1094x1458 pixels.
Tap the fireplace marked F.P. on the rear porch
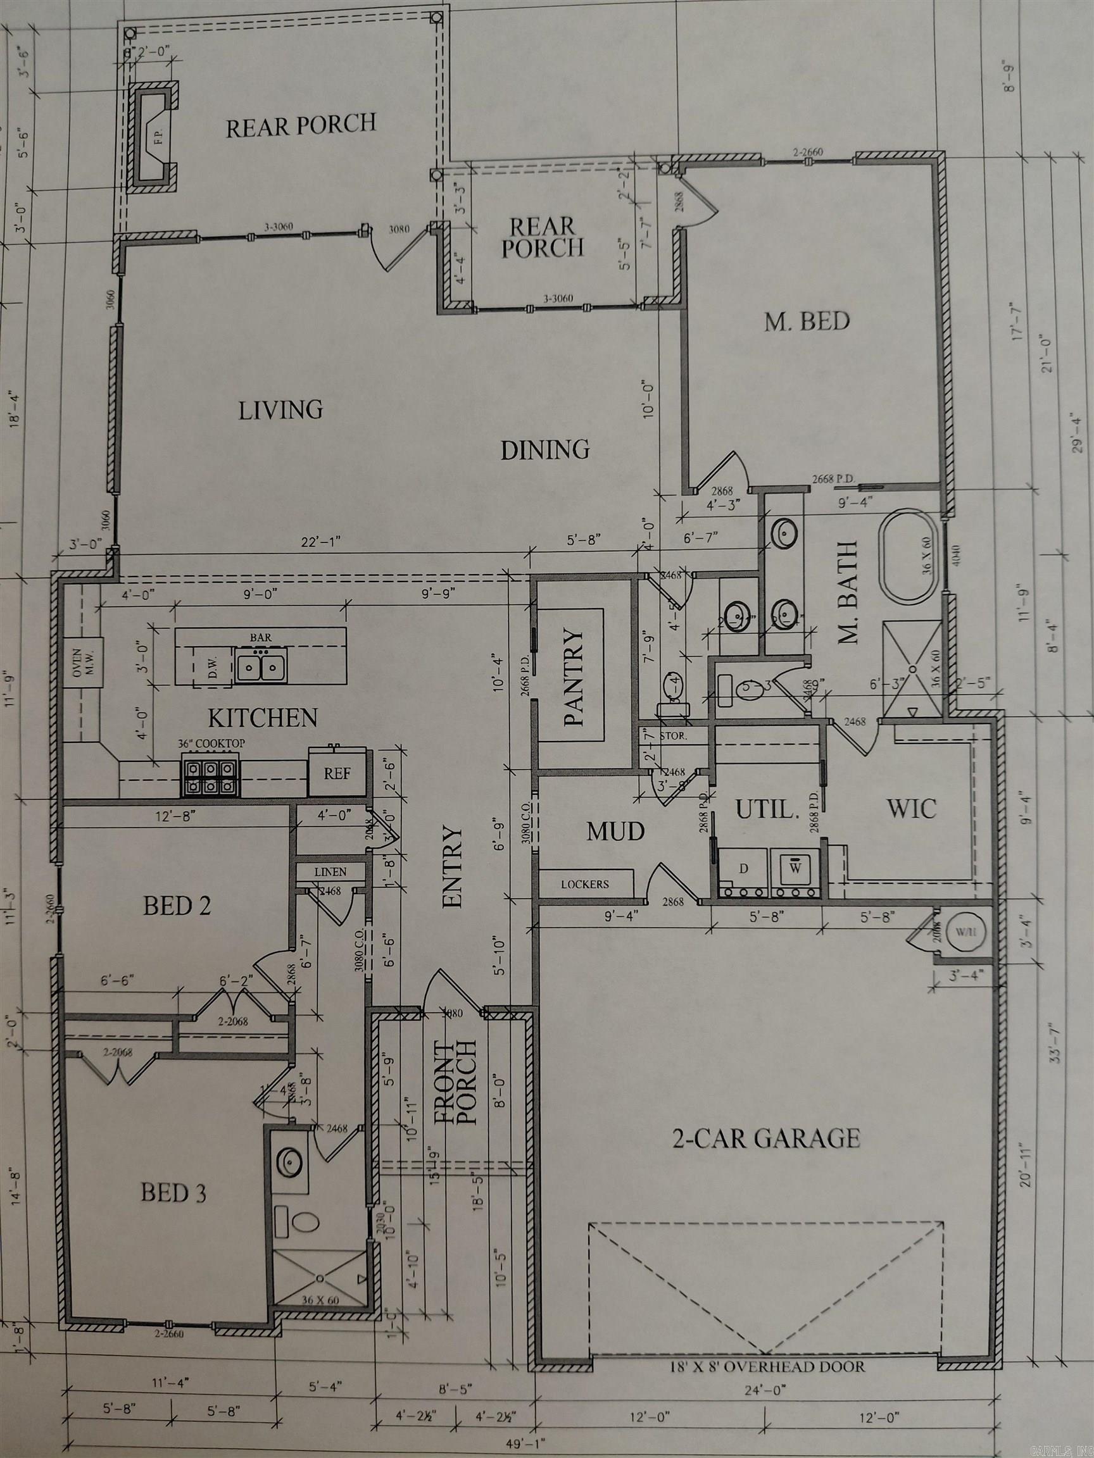153,138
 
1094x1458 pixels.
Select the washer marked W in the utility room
796,870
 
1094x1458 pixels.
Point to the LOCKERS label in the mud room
585,884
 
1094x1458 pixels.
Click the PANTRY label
574,677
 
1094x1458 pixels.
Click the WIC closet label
911,809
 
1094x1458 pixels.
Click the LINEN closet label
330,871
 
